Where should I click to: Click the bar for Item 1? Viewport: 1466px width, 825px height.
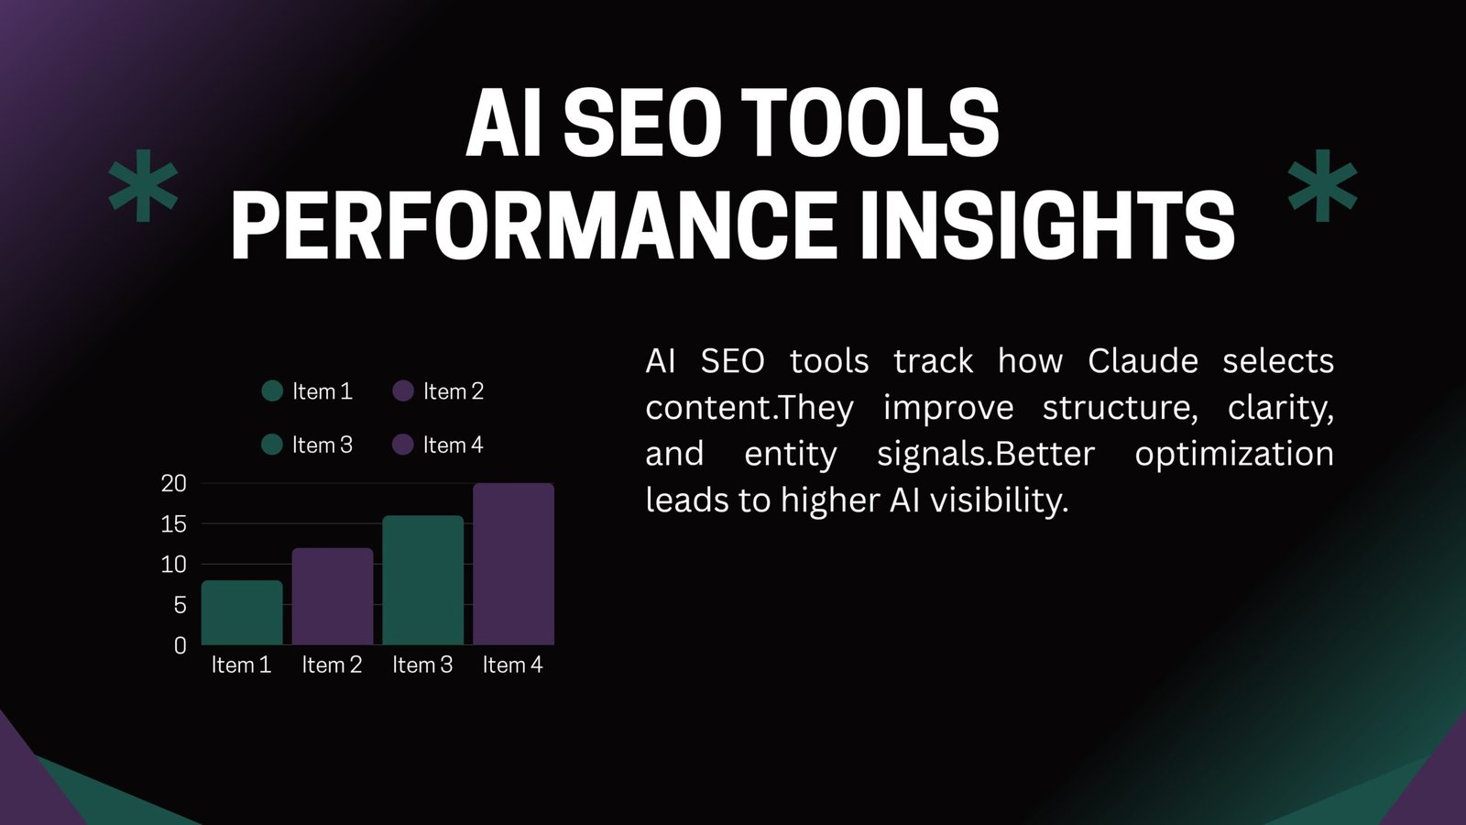pos(242,612)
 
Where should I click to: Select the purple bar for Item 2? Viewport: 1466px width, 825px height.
pos(332,596)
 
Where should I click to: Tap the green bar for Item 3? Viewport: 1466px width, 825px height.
pos(422,579)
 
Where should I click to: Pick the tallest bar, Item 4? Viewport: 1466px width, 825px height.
pos(513,564)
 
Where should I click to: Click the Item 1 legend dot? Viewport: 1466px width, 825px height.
pos(272,391)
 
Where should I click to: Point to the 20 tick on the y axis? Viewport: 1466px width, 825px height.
pos(174,483)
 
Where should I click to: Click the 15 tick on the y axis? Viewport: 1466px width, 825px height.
pos(174,524)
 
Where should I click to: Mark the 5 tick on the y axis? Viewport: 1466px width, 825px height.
pos(180,605)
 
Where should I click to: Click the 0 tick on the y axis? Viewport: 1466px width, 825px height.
pos(180,645)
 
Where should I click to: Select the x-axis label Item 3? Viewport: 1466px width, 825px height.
pos(422,665)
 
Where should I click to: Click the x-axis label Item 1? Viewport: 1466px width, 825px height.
pos(242,665)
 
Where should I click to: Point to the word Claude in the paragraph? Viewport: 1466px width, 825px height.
pos(1143,361)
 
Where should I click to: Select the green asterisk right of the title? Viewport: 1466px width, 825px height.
pos(1322,187)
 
